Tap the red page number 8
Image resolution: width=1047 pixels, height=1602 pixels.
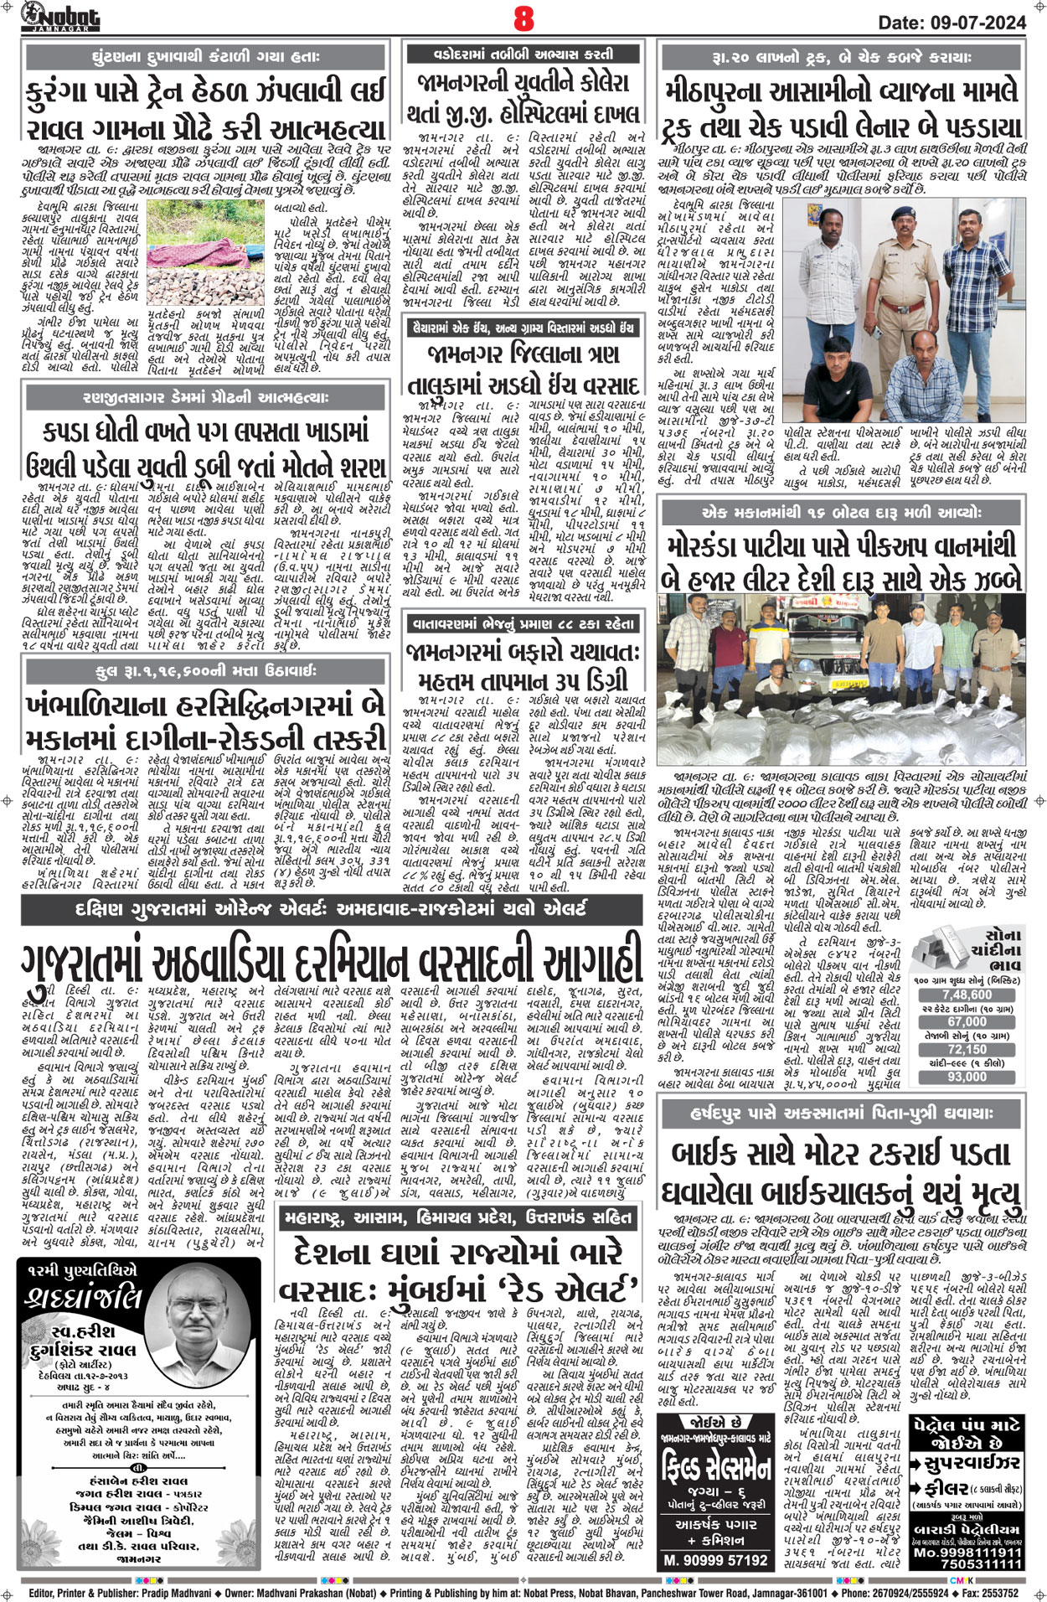coord(524,18)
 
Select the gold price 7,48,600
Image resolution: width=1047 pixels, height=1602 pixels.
coord(967,995)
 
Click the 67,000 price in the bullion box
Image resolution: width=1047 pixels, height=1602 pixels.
coord(967,1022)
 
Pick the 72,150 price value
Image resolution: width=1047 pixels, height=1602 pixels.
coord(967,1049)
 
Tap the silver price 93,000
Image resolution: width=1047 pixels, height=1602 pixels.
coord(967,1077)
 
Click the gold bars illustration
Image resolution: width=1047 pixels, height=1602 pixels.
coord(936,943)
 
